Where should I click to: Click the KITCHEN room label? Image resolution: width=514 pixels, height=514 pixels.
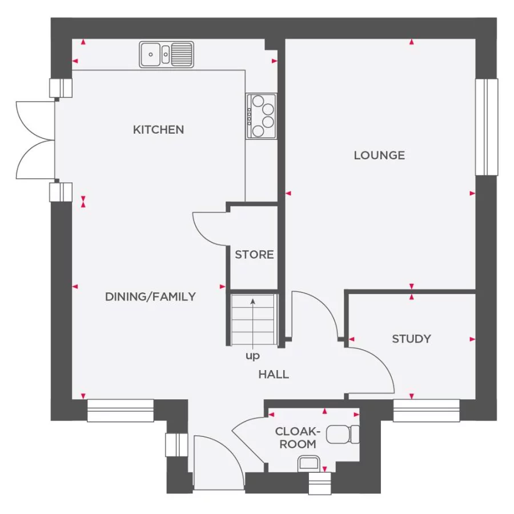tap(158, 130)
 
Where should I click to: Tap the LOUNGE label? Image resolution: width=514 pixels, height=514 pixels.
tap(379, 155)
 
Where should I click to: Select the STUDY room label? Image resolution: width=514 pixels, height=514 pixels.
tap(411, 339)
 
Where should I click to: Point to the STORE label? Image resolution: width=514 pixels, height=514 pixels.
tap(254, 255)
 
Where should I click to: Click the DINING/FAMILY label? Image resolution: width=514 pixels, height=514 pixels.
tap(150, 296)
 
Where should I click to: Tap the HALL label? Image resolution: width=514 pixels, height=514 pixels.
tap(274, 374)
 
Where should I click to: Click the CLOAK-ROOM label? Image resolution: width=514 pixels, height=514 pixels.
tap(298, 437)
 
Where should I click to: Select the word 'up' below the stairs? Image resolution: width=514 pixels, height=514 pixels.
tap(252, 356)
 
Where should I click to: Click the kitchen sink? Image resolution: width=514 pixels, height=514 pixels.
tap(166, 54)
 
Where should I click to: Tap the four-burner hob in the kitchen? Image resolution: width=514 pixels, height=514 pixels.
tap(261, 117)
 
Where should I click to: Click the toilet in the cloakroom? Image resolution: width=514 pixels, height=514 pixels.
tap(343, 435)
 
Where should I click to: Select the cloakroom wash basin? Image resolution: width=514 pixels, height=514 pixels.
tap(309, 464)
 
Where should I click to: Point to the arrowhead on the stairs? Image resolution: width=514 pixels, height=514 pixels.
tap(253, 301)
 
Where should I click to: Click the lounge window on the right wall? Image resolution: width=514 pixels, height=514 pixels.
tap(487, 127)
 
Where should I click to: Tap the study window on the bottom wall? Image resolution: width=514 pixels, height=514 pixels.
tap(426, 411)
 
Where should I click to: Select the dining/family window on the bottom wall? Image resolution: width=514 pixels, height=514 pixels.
tap(121, 411)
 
